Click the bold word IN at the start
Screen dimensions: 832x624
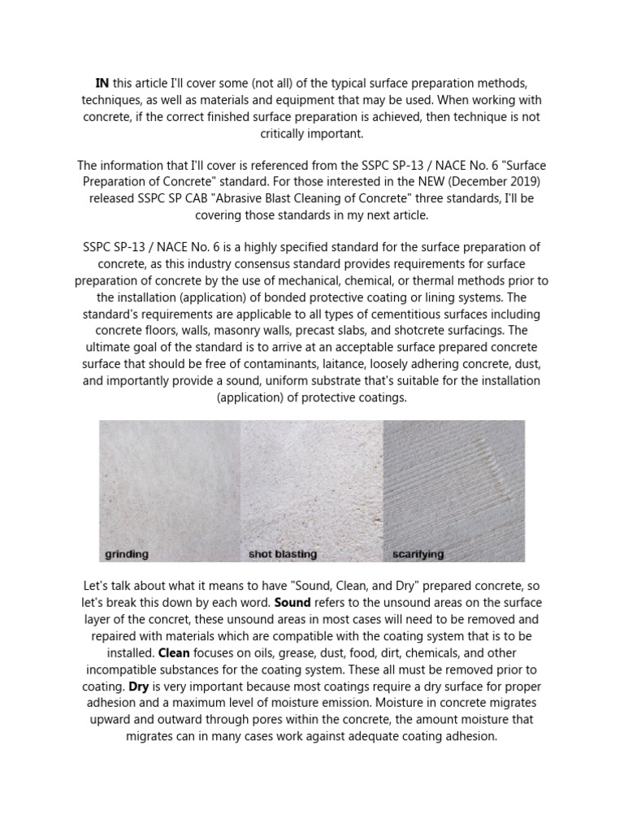(102, 84)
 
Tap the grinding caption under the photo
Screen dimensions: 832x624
(127, 555)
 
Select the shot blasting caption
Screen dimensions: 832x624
(282, 555)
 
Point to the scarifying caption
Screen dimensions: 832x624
(418, 555)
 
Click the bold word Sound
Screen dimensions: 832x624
(292, 602)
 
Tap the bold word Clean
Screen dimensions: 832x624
(174, 652)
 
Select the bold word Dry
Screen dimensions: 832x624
(139, 687)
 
